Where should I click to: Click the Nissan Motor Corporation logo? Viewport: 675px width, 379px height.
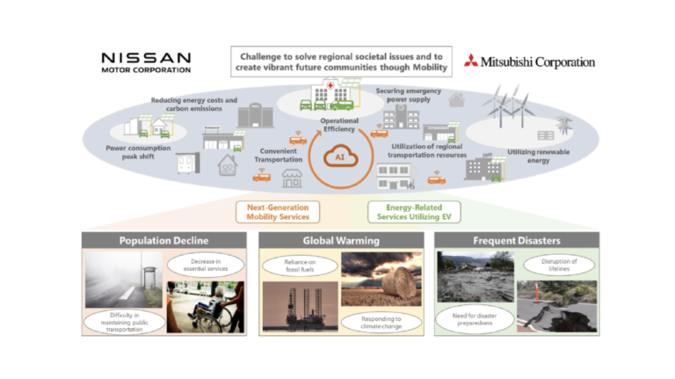[x=145, y=62]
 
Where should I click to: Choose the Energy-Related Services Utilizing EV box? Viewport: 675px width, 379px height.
[x=400, y=212]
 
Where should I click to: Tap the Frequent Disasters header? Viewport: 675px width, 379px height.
[x=517, y=240]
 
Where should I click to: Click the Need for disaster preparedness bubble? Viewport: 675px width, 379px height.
[x=475, y=317]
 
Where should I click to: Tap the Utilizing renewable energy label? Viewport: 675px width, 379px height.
[x=541, y=157]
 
